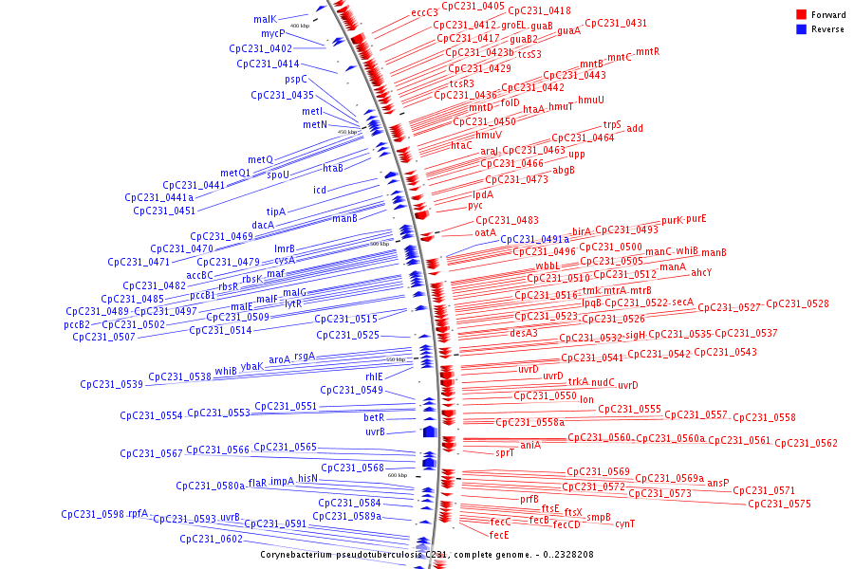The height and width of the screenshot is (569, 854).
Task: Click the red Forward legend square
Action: pos(801,15)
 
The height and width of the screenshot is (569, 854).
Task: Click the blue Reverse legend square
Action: pos(801,28)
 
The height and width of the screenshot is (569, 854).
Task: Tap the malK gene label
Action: pos(265,19)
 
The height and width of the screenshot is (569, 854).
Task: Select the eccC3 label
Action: pos(424,13)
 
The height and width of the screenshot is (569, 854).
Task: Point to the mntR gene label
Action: pos(647,51)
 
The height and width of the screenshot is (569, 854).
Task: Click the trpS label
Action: pos(612,125)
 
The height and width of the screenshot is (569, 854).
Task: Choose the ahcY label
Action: pos(701,273)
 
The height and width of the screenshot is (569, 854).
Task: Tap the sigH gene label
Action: pos(635,335)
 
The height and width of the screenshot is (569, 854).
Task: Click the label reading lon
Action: pos(586,399)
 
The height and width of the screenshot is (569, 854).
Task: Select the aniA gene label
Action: pos(530,445)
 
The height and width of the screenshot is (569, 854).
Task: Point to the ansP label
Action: pos(718,483)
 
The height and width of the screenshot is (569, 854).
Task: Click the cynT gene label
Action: pos(624,523)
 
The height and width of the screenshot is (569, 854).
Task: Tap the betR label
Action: pos(374,417)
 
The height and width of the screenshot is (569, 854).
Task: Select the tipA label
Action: pos(276,211)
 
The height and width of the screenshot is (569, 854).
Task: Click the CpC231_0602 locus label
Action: pos(212,540)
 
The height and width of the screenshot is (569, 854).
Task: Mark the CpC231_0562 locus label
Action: pos(807,444)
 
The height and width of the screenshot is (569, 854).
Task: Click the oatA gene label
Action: pos(485,232)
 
